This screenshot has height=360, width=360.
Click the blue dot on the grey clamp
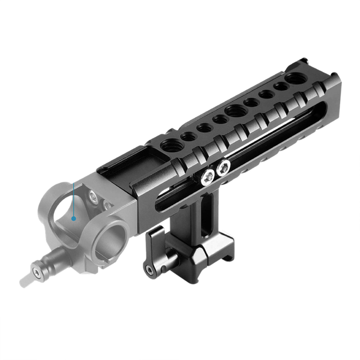73,218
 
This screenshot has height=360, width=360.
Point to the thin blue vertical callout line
73,201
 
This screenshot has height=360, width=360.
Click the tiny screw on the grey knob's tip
38,274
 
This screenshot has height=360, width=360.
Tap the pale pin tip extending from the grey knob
26,280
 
